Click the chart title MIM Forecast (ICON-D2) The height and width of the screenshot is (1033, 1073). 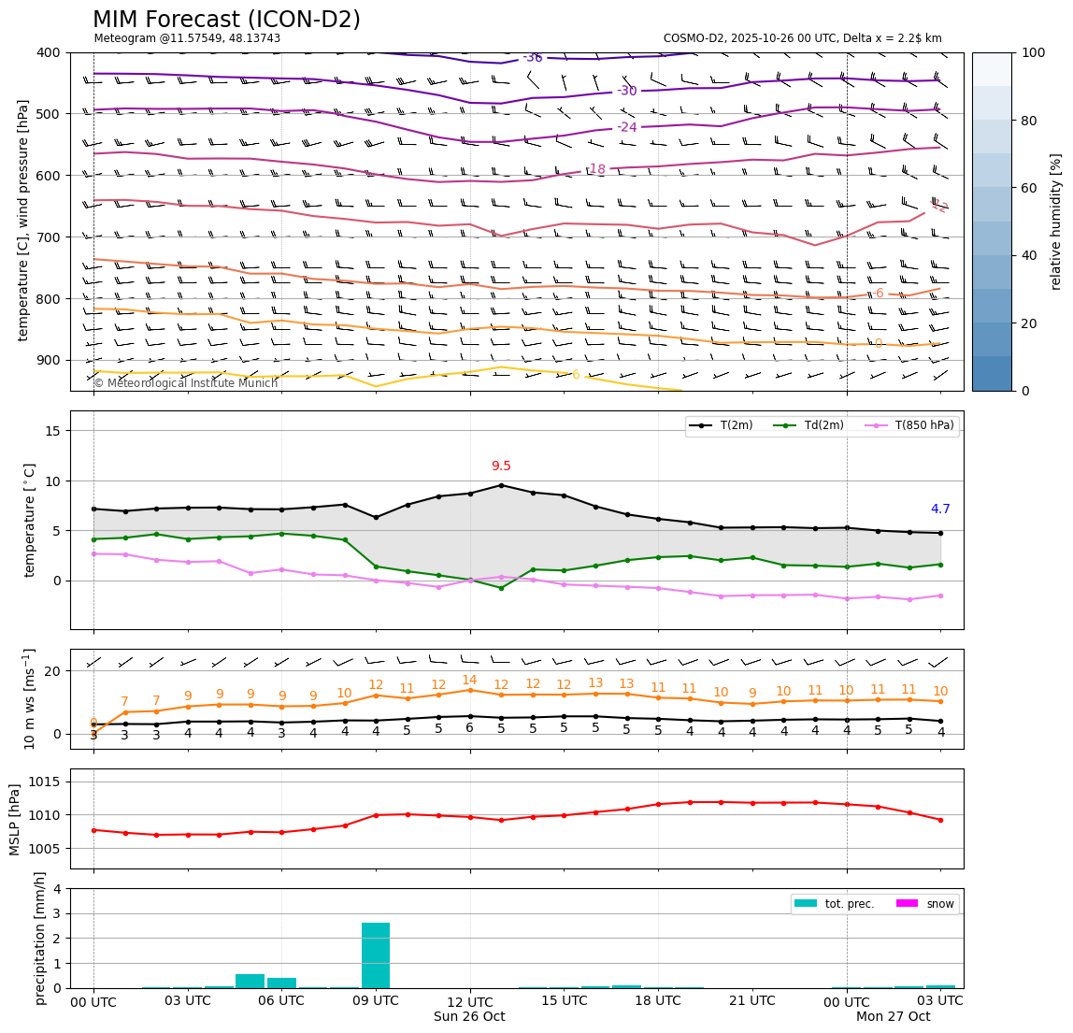[226, 20]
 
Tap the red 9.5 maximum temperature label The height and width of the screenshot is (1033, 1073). [501, 466]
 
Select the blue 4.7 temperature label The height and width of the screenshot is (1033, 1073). [940, 509]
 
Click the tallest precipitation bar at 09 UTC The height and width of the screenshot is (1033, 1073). [376, 954]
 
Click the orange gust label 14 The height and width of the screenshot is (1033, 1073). [469, 681]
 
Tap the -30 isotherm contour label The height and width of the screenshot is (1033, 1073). [626, 91]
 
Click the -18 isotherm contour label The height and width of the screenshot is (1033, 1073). [595, 169]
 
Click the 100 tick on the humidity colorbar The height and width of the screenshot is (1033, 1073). [1033, 52]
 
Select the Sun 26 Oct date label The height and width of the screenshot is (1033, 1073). [469, 1017]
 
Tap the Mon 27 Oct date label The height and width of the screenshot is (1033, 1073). [893, 1017]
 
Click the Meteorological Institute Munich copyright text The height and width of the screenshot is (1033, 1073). [185, 383]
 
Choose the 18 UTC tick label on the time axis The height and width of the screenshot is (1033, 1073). [658, 1000]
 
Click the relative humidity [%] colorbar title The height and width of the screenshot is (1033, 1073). [1056, 222]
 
